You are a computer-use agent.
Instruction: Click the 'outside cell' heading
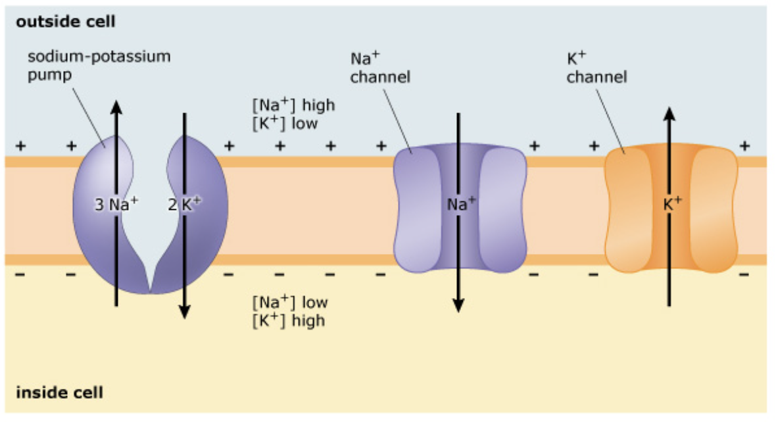pos(65,22)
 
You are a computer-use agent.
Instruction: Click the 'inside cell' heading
pos(59,393)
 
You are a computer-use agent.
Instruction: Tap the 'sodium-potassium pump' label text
pos(99,64)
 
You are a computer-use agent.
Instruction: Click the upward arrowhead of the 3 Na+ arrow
pos(116,107)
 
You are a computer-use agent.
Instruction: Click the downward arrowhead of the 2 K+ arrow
pos(184,312)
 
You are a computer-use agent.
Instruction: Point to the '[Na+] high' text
pos(293,105)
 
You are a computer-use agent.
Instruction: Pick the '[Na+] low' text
pos(289,303)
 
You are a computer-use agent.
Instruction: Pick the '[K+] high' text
pos(289,320)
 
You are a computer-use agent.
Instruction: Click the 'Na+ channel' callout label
pos(380,68)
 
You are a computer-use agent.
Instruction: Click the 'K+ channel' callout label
pos(596,68)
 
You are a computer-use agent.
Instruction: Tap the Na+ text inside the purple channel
pos(458,205)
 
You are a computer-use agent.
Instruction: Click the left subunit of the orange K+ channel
pos(627,209)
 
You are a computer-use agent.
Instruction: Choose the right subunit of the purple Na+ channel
pos(502,209)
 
